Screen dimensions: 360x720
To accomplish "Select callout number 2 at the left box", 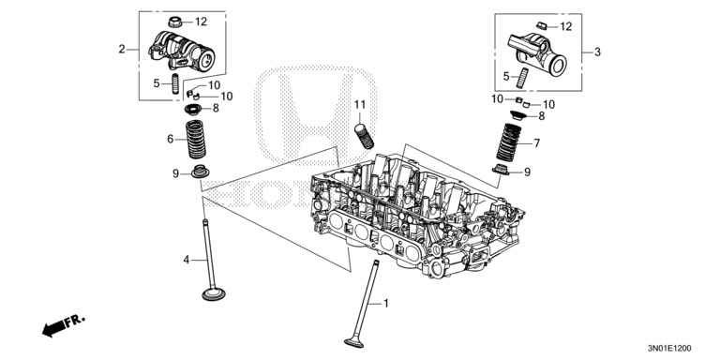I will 122,49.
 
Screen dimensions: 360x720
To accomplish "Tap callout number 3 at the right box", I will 599,52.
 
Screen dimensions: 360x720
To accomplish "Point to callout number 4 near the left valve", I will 187,259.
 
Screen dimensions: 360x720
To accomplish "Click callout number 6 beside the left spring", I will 170,139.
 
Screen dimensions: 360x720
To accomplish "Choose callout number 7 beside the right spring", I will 536,143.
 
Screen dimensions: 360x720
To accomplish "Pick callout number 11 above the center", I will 358,102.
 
